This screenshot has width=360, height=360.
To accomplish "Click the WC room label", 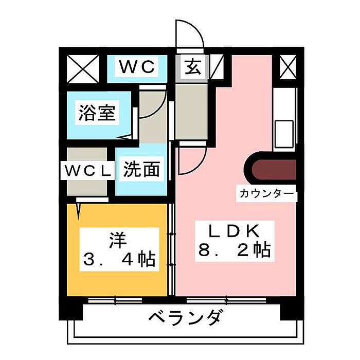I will (137, 67).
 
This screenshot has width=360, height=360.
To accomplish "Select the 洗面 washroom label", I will (140, 169).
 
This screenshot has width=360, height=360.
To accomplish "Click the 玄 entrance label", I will (192, 67).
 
